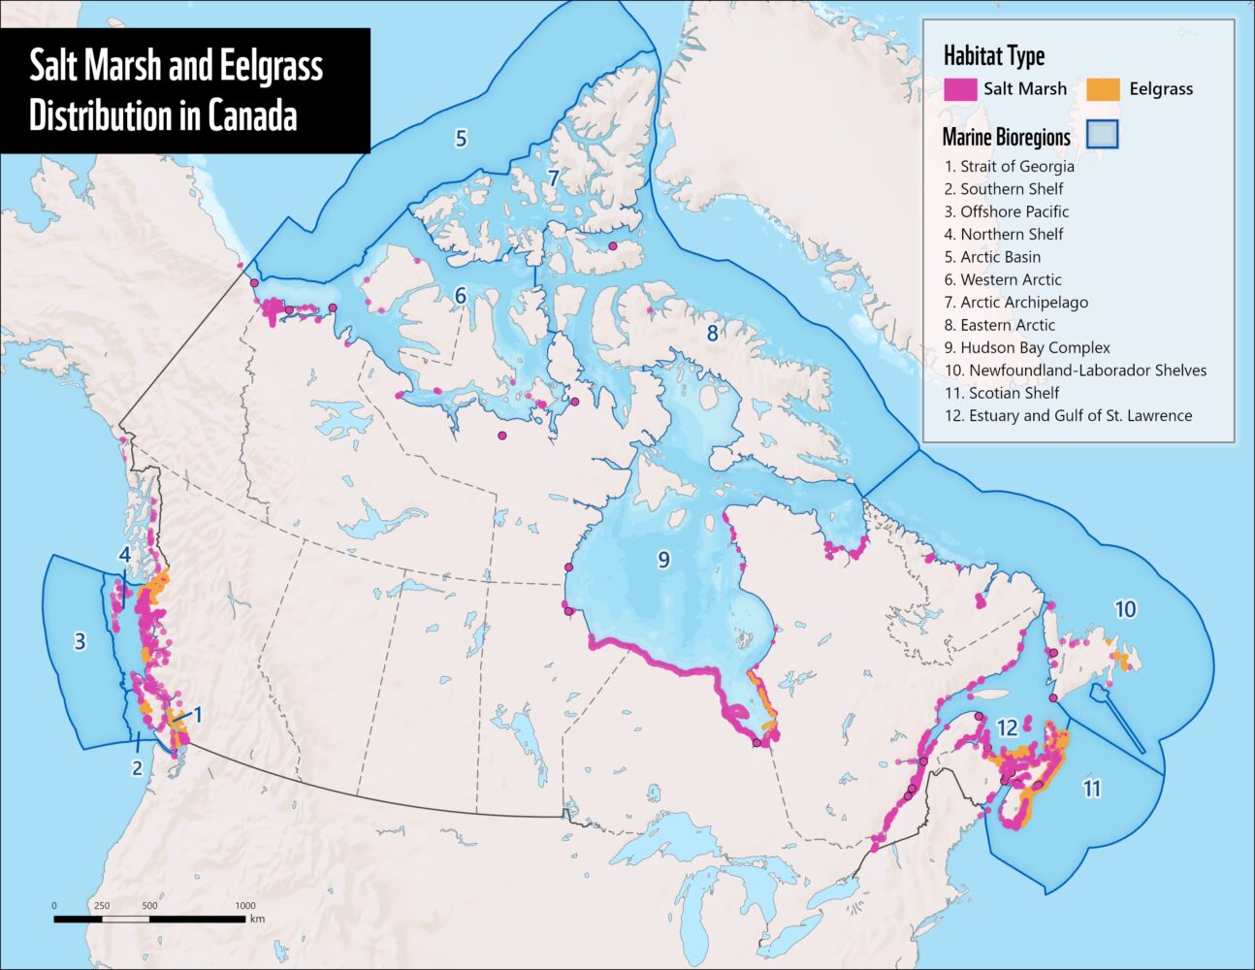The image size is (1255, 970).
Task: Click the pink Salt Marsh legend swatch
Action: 959,88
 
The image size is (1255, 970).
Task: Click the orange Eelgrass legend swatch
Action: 1104,88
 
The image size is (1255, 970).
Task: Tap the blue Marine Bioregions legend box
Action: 1103,134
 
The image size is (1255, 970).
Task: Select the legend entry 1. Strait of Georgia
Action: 1009,166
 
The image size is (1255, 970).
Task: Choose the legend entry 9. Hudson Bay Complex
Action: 1027,347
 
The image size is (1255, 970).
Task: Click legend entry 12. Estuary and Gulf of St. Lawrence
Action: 1068,415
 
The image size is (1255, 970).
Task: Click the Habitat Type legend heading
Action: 994,56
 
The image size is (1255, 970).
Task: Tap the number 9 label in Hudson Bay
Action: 663,559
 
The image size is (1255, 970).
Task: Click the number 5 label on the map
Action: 461,138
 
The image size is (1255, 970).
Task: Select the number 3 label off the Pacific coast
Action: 80,640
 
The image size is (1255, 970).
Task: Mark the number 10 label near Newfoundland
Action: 1125,609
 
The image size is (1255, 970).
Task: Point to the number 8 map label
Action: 712,333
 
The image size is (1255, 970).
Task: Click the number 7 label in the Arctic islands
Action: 553,178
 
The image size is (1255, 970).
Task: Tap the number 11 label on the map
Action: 1092,789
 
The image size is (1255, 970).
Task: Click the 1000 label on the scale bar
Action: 244,905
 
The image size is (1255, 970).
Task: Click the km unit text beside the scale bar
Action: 257,919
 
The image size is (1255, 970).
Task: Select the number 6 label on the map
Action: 461,295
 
